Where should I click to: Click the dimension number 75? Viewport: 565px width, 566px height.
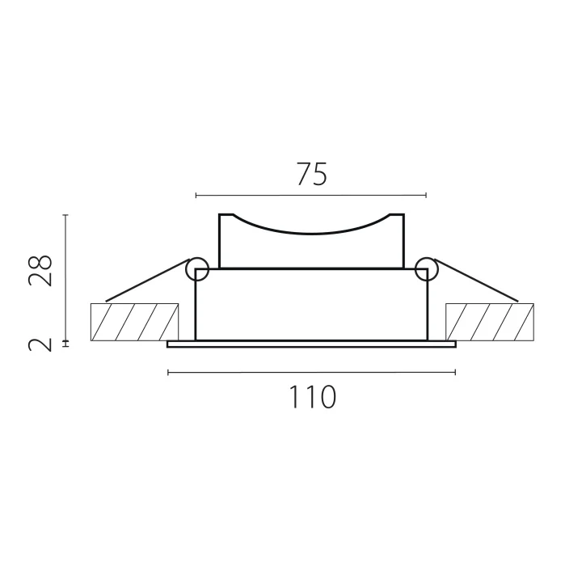click(x=311, y=175)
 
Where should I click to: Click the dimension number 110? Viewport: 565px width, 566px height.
click(x=311, y=397)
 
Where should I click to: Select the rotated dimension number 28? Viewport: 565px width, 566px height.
click(x=41, y=271)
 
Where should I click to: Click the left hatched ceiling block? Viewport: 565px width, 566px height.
click(x=134, y=322)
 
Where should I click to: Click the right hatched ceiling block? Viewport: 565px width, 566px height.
click(x=489, y=322)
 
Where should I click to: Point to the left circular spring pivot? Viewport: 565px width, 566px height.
click(x=196, y=269)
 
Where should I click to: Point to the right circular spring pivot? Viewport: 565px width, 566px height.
click(x=426, y=269)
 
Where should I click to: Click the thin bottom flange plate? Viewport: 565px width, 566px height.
click(x=311, y=344)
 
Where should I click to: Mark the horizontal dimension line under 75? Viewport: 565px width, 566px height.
click(x=311, y=195)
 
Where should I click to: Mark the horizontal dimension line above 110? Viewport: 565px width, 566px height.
click(x=311, y=372)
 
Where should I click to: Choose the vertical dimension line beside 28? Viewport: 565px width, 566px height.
click(x=66, y=275)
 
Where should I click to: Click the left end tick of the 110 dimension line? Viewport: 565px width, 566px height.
click(x=167, y=372)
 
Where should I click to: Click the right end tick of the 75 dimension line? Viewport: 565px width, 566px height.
click(x=426, y=195)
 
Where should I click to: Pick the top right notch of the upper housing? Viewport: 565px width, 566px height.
click(x=396, y=217)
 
